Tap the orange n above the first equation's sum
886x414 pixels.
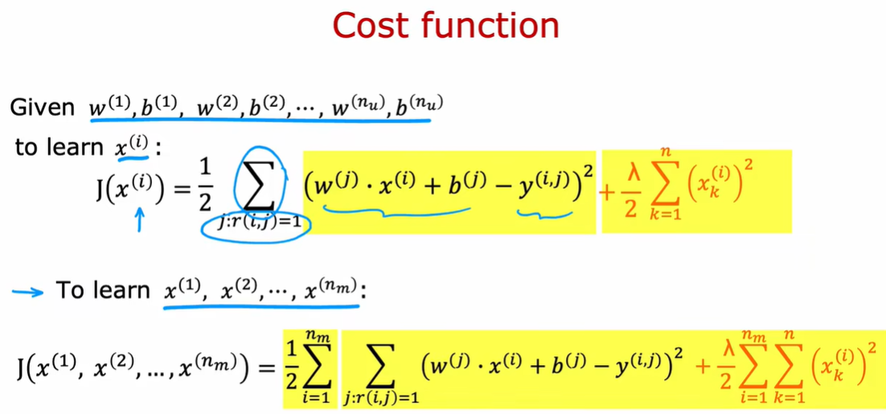664,151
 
